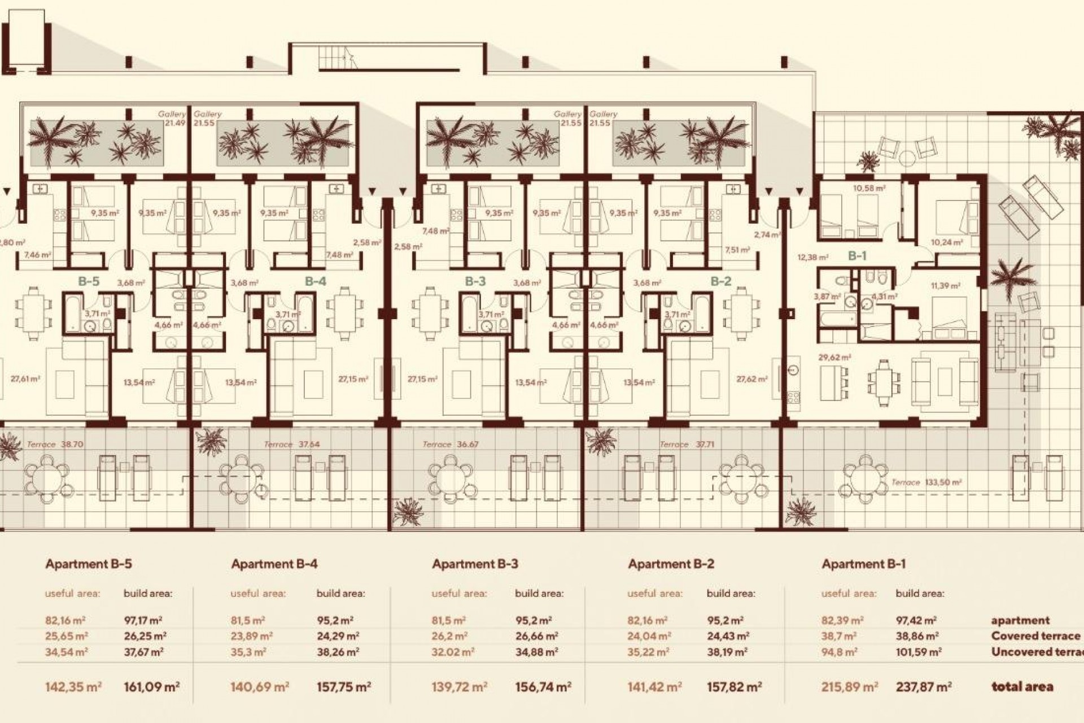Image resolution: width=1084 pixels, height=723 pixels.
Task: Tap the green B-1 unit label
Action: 857,256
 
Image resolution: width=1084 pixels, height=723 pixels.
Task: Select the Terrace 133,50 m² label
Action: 926,482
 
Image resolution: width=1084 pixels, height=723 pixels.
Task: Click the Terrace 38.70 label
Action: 55,445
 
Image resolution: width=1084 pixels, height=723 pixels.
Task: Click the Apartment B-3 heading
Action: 475,564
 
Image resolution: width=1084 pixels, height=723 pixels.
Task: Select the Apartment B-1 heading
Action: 864,564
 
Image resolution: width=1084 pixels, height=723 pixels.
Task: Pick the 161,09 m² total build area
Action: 151,687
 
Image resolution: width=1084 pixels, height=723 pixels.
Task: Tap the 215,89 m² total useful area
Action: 849,687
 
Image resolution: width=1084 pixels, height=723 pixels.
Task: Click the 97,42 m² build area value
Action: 917,620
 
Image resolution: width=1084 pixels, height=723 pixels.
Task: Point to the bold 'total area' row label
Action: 1022,687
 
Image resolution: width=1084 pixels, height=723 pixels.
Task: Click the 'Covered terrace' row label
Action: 1035,636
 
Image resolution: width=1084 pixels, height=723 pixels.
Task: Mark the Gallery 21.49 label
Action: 172,119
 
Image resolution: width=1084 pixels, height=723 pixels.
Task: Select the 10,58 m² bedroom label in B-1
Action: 869,188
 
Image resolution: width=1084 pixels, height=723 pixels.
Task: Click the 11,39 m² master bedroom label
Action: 945,286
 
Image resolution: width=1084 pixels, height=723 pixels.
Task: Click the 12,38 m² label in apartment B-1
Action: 812,258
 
